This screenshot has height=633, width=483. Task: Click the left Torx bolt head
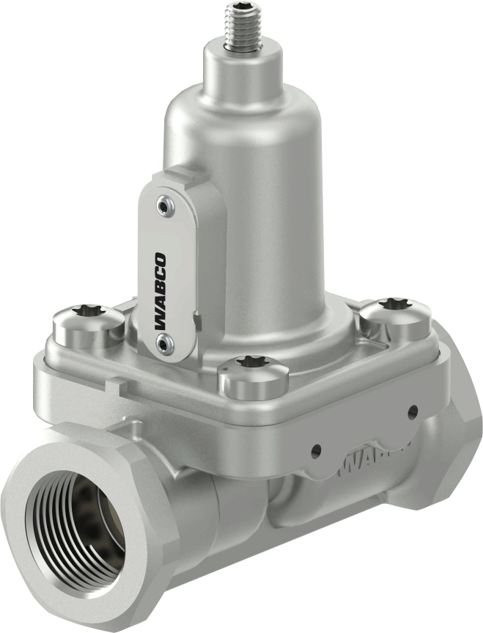click(86, 327)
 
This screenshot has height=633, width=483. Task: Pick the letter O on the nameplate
click(161, 258)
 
